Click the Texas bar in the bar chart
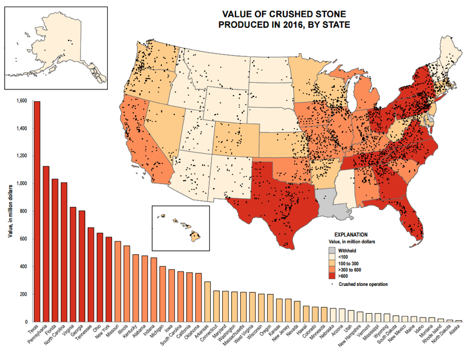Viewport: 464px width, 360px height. pos(37,211)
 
